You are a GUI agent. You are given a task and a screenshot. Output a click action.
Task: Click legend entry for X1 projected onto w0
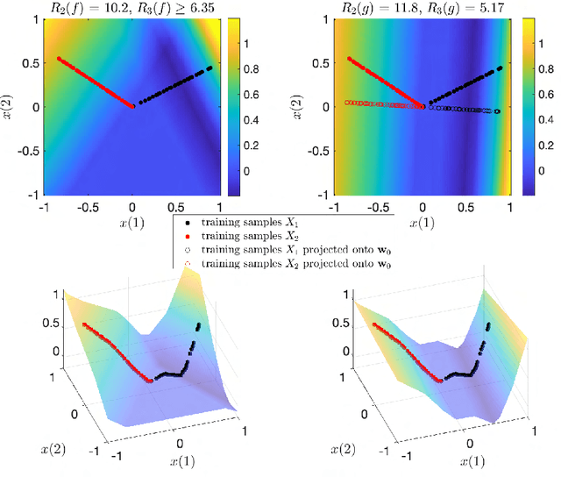point(289,250)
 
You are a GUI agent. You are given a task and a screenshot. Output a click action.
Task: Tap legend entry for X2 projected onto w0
point(289,263)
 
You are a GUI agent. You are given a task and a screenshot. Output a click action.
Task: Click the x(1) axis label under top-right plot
point(423,223)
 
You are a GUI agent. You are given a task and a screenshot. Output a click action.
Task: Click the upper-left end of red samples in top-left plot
point(59,59)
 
